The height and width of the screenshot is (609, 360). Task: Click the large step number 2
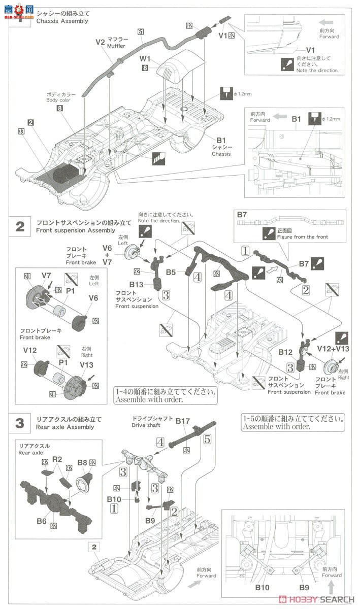(20, 226)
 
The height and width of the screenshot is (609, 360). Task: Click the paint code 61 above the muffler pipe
(141, 32)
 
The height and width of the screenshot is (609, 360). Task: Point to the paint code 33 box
(21, 131)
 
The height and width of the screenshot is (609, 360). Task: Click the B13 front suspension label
(137, 285)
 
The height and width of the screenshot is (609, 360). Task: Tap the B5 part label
(171, 273)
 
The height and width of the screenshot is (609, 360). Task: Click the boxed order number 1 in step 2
(245, 250)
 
